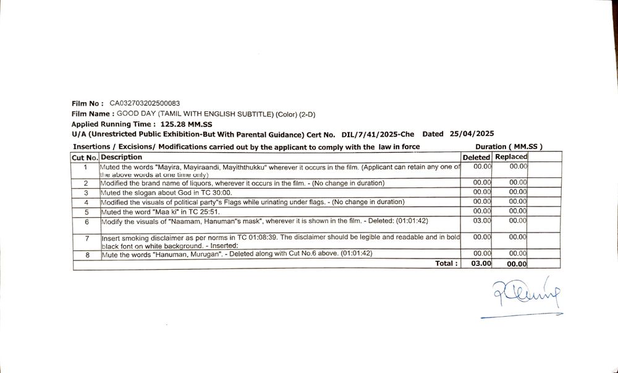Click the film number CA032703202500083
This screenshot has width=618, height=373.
coord(145,103)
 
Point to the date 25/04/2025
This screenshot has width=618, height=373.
coord(472,134)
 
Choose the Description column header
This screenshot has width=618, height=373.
coord(122,157)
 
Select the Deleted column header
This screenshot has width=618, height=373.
coord(476,157)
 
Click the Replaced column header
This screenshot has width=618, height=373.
coord(511,157)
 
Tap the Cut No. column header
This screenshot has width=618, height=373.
coord(86,157)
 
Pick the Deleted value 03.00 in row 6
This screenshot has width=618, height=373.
coord(482,221)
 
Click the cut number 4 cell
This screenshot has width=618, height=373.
coord(87,202)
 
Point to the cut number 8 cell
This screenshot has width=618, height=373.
coord(87,254)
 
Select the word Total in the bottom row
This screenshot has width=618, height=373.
coord(446,264)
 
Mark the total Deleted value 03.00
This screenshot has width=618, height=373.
coord(481,264)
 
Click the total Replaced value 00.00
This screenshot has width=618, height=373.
coord(517,264)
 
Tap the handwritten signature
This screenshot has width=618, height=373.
coord(525,296)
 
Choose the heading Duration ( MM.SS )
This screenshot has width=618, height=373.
coord(509,147)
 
